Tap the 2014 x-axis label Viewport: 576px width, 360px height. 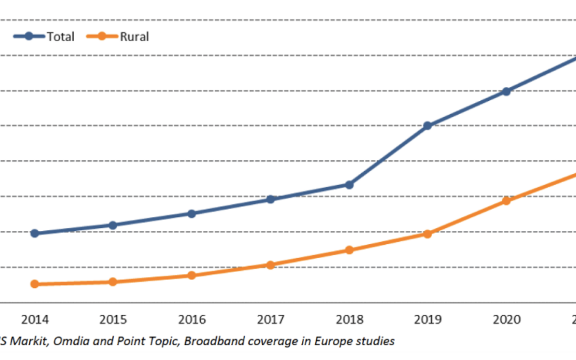[35, 319]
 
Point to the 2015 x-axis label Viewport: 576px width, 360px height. [113, 319]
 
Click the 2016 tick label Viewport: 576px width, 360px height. [191, 319]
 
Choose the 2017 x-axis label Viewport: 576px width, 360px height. [270, 319]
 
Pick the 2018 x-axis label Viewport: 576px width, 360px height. [349, 319]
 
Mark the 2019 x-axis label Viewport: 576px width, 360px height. [428, 319]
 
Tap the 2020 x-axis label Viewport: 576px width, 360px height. [506, 319]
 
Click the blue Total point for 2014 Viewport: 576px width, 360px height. [35, 233]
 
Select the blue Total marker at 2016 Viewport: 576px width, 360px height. [191, 213]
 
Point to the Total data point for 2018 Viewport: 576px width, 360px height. [349, 185]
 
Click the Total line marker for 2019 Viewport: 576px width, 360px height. [427, 126]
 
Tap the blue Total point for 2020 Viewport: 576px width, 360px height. [506, 91]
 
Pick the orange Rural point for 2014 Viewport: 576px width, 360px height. [35, 284]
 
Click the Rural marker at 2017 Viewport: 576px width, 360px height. [270, 265]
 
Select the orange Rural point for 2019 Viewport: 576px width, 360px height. [427, 234]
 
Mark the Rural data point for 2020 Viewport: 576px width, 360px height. [506, 201]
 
